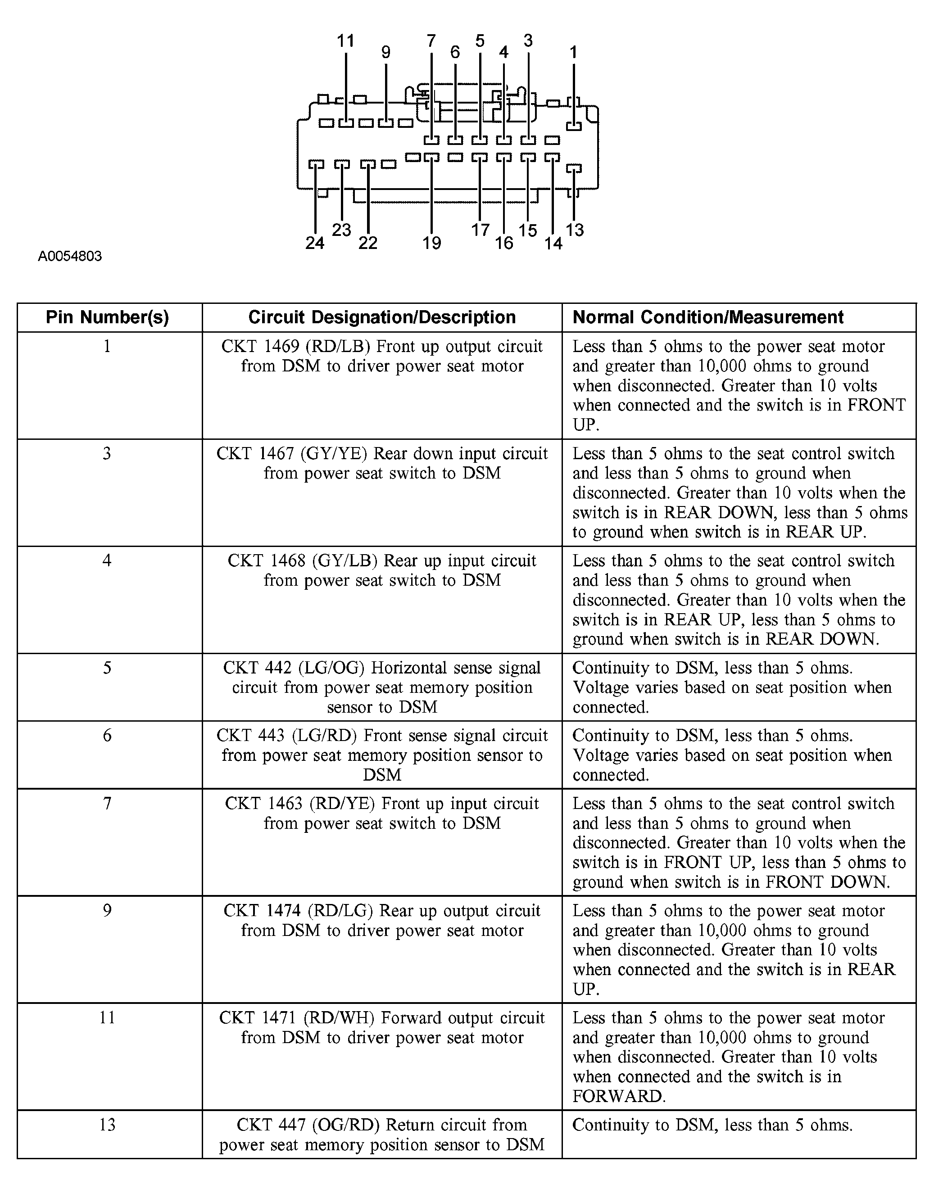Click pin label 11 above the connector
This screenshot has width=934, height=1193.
(345, 41)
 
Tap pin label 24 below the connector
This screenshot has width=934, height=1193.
(315, 243)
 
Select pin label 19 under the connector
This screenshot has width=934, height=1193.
(431, 243)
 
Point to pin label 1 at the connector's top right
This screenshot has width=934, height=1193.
(573, 53)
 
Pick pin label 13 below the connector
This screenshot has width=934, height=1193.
(575, 230)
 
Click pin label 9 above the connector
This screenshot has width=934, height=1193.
(386, 53)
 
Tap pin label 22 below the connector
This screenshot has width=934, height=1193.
(368, 243)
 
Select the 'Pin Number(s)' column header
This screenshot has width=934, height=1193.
(107, 317)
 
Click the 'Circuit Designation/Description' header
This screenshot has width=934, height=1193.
(382, 317)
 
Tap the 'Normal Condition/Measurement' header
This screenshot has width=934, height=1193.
(707, 317)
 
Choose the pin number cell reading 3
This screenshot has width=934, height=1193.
(107, 453)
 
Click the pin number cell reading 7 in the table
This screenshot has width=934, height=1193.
(107, 803)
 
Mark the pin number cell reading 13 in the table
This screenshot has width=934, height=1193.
(107, 1125)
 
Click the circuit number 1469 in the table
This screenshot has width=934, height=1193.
(280, 347)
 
